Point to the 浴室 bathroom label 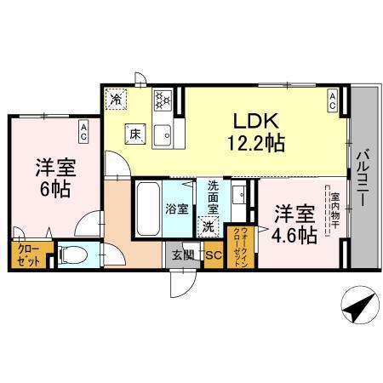[177, 208]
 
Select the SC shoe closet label [213, 254]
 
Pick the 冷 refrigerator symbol [117, 100]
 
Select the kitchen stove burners [162, 101]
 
